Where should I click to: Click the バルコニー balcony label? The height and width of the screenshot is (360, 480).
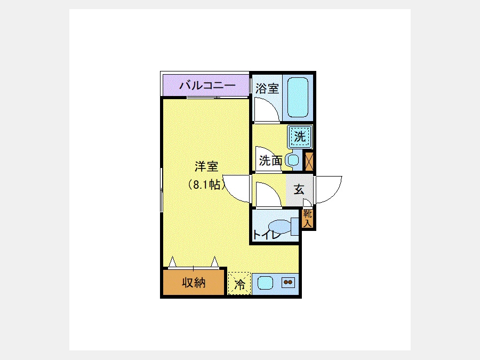(x=207, y=85)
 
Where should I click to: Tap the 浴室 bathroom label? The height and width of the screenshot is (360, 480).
(x=267, y=89)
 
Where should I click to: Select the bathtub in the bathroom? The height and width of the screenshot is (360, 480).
(x=298, y=98)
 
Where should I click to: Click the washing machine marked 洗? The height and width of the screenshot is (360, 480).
(x=300, y=136)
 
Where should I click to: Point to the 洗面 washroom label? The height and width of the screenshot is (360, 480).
(x=270, y=161)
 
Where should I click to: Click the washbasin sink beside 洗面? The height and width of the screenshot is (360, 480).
(x=293, y=160)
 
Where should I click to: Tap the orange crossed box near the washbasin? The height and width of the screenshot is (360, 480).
(x=309, y=161)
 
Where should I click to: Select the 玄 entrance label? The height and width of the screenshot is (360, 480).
(x=299, y=189)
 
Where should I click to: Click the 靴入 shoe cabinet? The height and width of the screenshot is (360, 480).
(x=307, y=219)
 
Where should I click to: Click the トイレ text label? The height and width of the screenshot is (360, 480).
(x=267, y=235)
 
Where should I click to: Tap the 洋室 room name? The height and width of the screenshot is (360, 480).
(x=206, y=166)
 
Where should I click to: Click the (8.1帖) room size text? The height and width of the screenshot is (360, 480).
(x=206, y=185)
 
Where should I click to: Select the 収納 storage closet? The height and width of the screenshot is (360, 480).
(x=194, y=283)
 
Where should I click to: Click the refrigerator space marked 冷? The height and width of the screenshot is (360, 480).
(x=239, y=284)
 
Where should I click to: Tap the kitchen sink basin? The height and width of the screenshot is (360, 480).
(x=265, y=283)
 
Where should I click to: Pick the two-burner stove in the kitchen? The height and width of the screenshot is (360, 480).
(x=288, y=282)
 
